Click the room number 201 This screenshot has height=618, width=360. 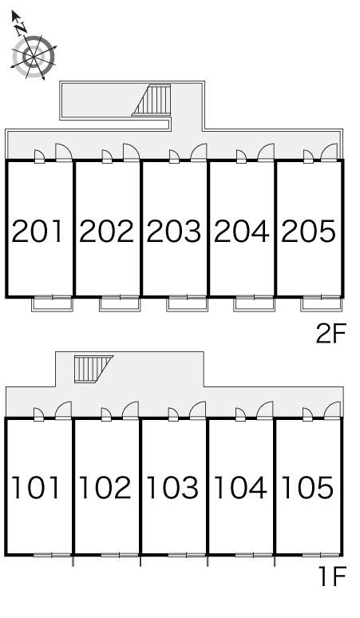click(38, 231)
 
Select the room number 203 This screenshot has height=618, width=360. click(174, 231)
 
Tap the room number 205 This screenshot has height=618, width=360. click(308, 231)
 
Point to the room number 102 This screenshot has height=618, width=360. click(105, 488)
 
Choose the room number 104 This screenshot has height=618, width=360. click(240, 488)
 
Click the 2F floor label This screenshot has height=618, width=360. click(330, 334)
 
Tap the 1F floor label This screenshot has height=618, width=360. click(332, 576)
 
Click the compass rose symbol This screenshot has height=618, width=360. click(34, 57)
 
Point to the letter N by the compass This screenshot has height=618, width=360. click(20, 28)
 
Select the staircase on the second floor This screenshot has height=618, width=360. click(152, 100)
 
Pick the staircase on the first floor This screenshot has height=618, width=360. click(92, 369)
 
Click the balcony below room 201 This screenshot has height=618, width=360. click(53, 304)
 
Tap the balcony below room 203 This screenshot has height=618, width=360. click(187, 304)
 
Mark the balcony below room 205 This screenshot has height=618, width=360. click(322, 304)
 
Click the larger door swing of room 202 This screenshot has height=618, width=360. click(131, 153)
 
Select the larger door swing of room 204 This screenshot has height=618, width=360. click(266, 153)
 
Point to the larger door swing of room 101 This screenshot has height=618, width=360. click(63, 410)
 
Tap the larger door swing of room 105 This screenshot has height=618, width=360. click(332, 410)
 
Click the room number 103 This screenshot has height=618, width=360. click(173, 488)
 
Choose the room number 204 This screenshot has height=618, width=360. click(241, 231)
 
